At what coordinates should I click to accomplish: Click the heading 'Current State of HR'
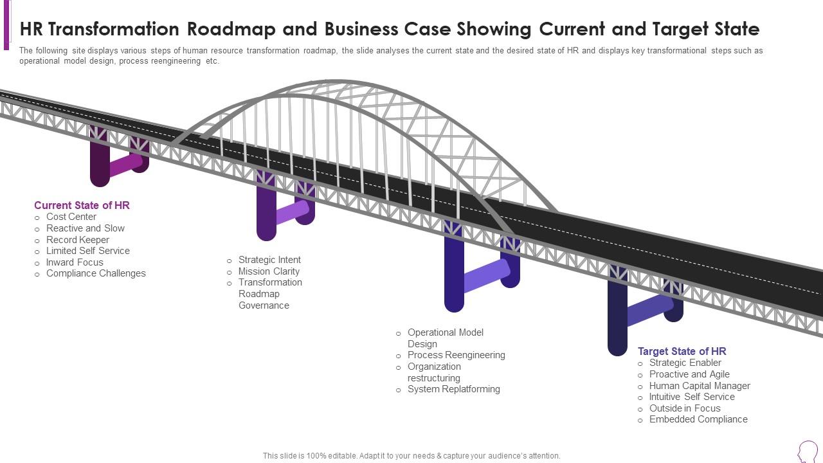[x=82, y=205]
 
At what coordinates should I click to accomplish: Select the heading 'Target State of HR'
[x=682, y=351]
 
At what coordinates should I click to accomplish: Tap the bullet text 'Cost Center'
[x=71, y=217]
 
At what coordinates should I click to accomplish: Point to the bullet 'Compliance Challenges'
[x=96, y=273]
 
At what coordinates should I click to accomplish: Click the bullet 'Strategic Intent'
[x=269, y=260]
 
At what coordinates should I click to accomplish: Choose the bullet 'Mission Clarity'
[x=269, y=271]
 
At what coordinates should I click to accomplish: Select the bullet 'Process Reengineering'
[x=456, y=355]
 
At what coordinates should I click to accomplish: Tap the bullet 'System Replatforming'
[x=453, y=389]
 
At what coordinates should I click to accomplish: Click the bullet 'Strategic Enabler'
[x=685, y=363]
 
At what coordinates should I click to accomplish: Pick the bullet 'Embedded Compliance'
[x=698, y=419]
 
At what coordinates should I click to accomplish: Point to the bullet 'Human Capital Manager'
[x=700, y=386]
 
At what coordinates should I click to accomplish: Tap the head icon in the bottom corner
[x=808, y=451]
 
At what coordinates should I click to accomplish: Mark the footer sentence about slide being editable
[x=411, y=456]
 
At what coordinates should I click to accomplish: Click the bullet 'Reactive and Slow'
[x=86, y=228]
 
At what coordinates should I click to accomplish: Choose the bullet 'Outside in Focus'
[x=685, y=408]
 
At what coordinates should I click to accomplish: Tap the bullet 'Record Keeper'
[x=78, y=240]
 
